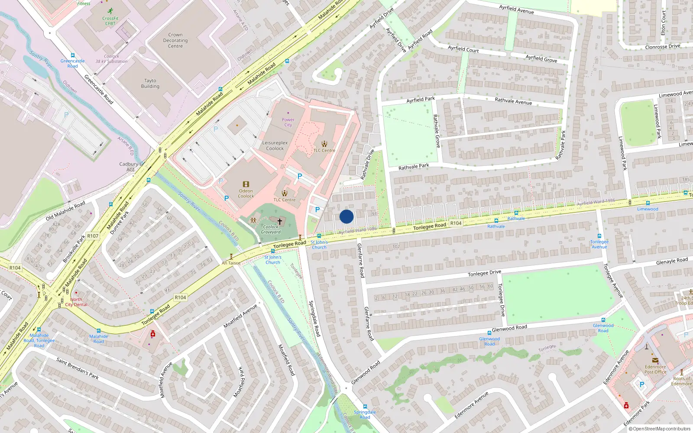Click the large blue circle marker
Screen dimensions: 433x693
pos(346,216)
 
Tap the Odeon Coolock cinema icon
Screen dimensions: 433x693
pos(246,184)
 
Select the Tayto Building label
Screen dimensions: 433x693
pos(150,84)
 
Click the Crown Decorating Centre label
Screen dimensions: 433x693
pos(175,40)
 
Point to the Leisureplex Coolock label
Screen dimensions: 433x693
pos(275,145)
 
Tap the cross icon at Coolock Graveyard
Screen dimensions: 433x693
pos(280,221)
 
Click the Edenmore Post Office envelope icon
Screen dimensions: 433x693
pos(655,360)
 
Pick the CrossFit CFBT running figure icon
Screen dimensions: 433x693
pos(110,11)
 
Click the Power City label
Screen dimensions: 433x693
pos(288,122)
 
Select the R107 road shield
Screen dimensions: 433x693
pos(93,236)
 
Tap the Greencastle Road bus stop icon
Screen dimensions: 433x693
pos(72,55)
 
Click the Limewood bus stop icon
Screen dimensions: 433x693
pos(648,203)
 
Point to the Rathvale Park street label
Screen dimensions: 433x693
pos(414,167)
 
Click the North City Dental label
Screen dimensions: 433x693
pos(76,302)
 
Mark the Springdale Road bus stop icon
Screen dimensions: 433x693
pos(365,407)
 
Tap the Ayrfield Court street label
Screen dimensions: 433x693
pos(463,49)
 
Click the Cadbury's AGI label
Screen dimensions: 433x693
pos(130,167)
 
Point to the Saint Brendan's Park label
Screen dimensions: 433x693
pos(78,368)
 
